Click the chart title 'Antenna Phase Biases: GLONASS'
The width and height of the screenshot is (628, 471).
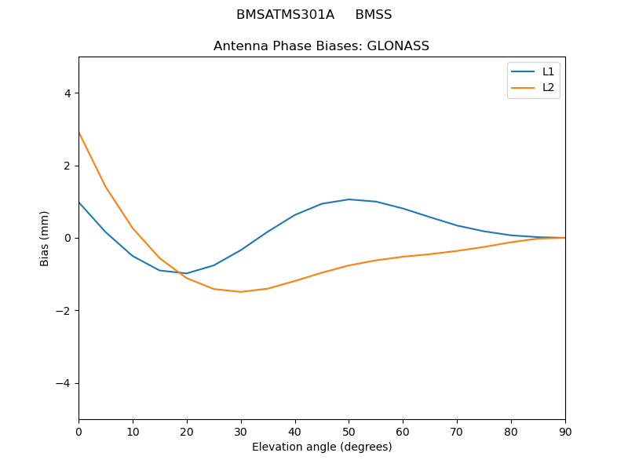(321, 46)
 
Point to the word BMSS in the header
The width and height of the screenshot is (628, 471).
(373, 15)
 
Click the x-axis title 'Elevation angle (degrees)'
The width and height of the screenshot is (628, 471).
(322, 447)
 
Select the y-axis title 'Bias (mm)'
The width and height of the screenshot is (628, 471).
(45, 238)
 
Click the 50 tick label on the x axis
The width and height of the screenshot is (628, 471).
(349, 431)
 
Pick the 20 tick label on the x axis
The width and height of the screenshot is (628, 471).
(187, 431)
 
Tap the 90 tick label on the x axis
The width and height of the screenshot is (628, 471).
(565, 431)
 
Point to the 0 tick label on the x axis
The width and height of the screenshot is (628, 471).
(78, 431)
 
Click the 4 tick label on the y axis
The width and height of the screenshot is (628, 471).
(68, 93)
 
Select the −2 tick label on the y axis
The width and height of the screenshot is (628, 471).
(64, 311)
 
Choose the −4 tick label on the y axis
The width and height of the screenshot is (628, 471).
(64, 383)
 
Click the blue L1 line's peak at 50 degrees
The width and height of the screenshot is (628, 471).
(349, 199)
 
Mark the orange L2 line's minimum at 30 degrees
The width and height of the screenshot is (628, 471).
(241, 292)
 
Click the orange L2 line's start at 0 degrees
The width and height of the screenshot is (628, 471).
(79, 133)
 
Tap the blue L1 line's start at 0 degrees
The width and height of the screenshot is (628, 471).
(79, 203)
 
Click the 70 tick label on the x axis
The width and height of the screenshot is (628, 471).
(457, 431)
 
